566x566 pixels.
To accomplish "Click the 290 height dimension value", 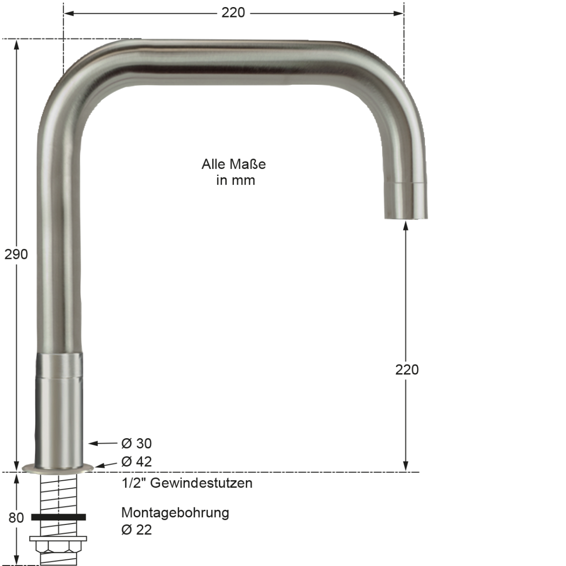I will (16, 254).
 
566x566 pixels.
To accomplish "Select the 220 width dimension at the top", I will (233, 13).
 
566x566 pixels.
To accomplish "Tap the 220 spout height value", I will (407, 369).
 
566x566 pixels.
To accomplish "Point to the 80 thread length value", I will (16, 517).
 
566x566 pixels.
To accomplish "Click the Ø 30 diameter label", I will (136, 443).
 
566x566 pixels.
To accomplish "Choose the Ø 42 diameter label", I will (136, 461).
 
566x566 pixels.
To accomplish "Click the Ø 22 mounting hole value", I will (136, 530).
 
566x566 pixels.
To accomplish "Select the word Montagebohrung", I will (175, 513).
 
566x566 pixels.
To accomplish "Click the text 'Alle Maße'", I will (233, 164).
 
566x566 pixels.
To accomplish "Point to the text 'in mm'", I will (235, 180).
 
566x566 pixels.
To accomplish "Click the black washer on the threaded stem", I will (58, 517).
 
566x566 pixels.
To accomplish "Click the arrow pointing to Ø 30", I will (101, 443).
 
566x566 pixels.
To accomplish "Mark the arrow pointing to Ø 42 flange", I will (105, 465).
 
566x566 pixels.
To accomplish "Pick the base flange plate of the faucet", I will (58, 468).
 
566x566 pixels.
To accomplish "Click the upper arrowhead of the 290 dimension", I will (17, 45).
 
